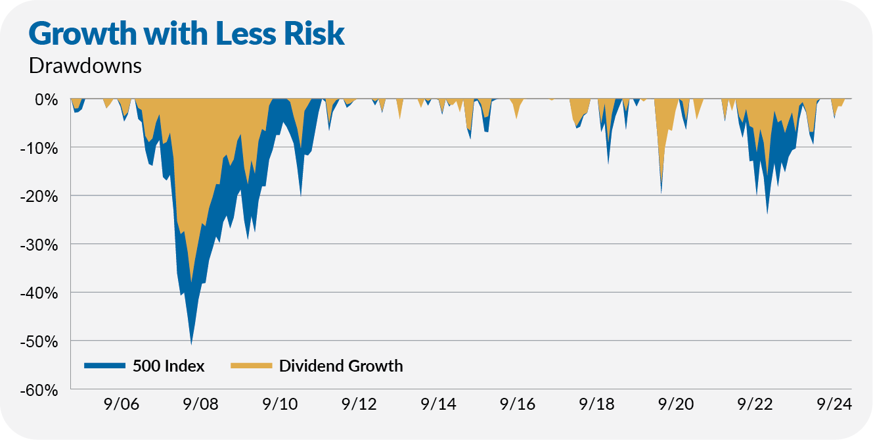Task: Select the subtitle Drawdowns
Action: tap(85, 66)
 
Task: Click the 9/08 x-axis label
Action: tap(201, 404)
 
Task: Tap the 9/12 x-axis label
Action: tap(361, 404)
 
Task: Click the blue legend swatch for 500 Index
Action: tap(104, 366)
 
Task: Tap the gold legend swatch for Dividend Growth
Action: tap(251, 366)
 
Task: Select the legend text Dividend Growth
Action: tap(341, 366)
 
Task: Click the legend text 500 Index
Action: tap(168, 366)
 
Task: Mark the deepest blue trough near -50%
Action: tap(191, 342)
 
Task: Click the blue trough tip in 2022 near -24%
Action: tap(767, 212)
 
